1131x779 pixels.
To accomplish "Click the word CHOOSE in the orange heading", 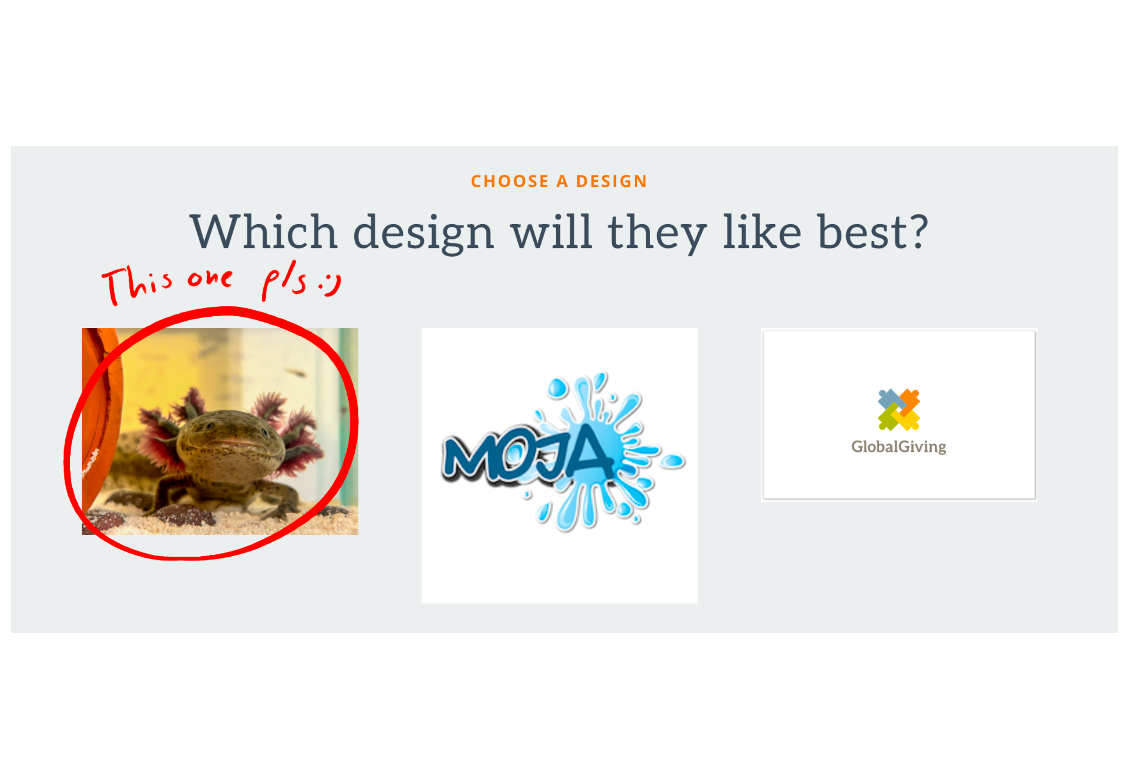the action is coord(509,182).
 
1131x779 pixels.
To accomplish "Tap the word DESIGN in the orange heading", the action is coord(611,182).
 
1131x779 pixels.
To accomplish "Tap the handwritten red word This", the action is coord(137,285).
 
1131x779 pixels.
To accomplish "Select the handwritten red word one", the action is coord(210,279).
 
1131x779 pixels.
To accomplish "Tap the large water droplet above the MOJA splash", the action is coord(557,388).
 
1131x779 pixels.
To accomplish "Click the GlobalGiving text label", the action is coord(899,447).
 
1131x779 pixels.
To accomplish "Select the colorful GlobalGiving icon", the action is coord(899,410).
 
